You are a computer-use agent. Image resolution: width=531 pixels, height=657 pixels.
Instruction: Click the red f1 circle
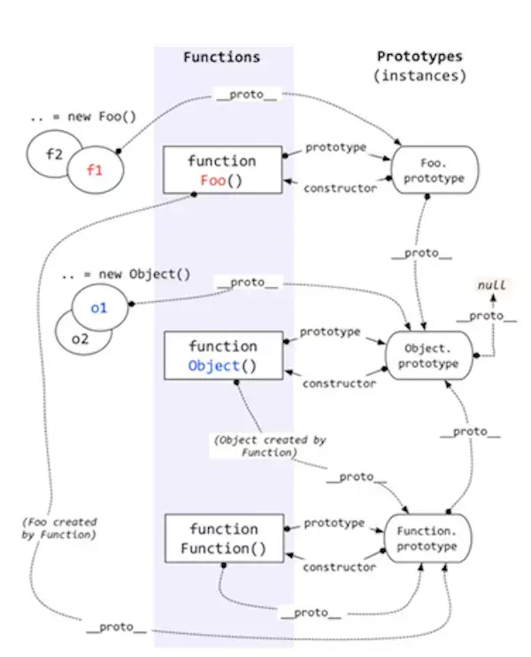(x=96, y=170)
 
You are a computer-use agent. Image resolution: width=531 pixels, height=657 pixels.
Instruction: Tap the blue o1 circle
(x=100, y=307)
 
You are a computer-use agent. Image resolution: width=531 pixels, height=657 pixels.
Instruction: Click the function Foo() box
(x=222, y=170)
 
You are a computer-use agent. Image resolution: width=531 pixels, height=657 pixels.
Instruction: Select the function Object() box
(x=223, y=355)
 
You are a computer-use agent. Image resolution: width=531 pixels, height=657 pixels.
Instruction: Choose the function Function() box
(x=224, y=538)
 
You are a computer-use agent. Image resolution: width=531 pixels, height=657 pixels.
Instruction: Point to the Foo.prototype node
(x=435, y=170)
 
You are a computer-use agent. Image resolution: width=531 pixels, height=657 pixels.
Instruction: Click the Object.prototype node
(x=428, y=355)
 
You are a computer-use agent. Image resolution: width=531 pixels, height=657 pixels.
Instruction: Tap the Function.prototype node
(x=427, y=538)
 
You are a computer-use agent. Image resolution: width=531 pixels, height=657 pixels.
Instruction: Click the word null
(x=492, y=285)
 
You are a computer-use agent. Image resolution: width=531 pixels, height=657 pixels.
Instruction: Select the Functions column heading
(x=221, y=57)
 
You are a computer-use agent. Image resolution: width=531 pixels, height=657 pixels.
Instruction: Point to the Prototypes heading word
(x=419, y=56)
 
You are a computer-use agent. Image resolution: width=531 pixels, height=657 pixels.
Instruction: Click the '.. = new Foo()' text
(x=83, y=117)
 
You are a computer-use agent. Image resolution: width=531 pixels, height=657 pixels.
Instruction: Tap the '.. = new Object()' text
(x=126, y=274)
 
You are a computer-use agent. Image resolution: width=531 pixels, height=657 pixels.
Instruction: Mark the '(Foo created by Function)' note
(x=59, y=529)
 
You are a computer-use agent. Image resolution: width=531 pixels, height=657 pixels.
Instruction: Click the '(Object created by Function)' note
(x=270, y=446)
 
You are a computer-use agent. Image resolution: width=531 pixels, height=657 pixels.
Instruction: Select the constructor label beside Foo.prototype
(x=340, y=189)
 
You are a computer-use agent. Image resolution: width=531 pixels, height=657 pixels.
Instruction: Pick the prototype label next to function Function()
(x=335, y=523)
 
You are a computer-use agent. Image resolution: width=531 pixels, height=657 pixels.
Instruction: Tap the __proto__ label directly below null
(x=486, y=316)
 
